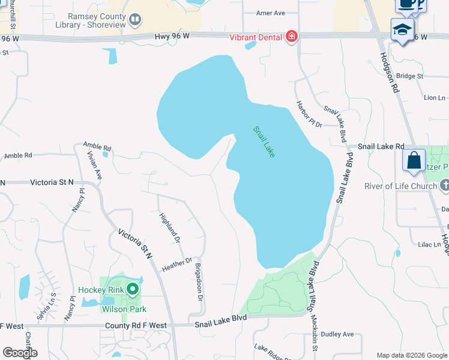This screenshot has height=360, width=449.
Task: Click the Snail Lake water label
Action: coord(264,142)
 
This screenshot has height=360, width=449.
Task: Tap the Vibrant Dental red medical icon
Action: coord(292,37)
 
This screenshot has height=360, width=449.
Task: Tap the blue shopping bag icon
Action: coord(414,160)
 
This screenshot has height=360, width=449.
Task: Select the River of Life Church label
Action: coord(400,186)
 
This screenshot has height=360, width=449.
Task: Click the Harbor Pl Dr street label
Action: coord(309,113)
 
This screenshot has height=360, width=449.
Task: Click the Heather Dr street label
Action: coord(176,265)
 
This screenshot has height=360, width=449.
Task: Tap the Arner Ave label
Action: coord(270,13)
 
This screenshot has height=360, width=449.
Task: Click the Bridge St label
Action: coord(410,76)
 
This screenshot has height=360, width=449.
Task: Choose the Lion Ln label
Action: coord(435,97)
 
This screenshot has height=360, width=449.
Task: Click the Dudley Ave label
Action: coord(338,334)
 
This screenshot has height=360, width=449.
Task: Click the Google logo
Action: coord(20,353)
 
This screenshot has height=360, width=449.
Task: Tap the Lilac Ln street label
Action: coord(429,245)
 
